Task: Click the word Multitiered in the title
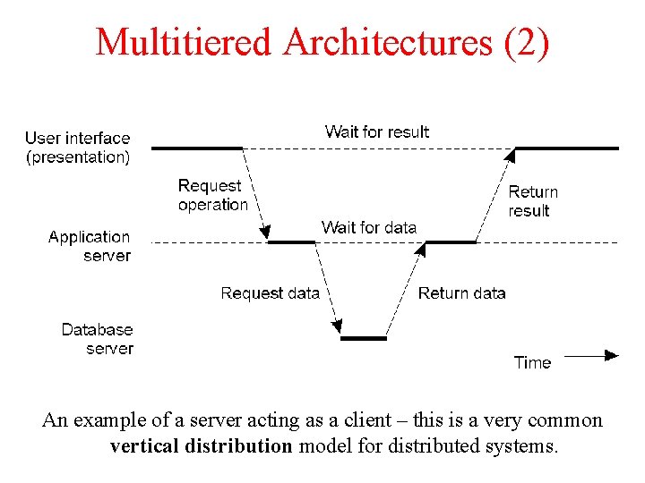[x=184, y=42]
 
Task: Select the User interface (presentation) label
[x=77, y=148]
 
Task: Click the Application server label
[x=89, y=246]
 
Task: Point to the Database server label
[x=97, y=339]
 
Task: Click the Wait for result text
[x=376, y=131]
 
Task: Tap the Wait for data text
[x=368, y=227]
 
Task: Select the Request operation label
[x=212, y=195]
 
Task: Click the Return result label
[x=532, y=201]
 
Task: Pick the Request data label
[x=270, y=293]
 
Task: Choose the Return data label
[x=461, y=293]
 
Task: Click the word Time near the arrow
[x=532, y=362]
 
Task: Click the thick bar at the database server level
[x=364, y=338]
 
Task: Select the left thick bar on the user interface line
[x=197, y=148]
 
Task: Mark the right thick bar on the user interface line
[x=566, y=148]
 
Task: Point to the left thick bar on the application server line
[x=292, y=241]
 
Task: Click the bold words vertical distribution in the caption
[x=202, y=445]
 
